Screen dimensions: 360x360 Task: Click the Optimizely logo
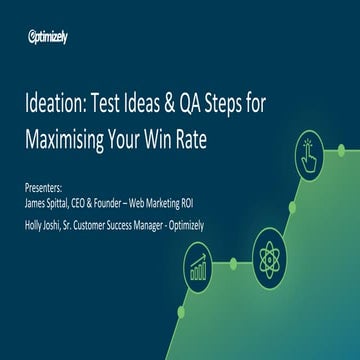48,37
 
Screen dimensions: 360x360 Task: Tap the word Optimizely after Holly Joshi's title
182,223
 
